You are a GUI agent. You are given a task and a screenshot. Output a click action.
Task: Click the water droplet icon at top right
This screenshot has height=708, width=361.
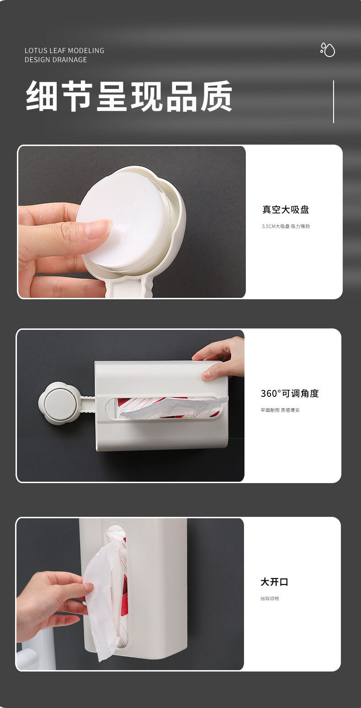(x=328, y=50)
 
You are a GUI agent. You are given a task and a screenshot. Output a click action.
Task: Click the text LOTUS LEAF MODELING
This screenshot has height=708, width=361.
(x=64, y=51)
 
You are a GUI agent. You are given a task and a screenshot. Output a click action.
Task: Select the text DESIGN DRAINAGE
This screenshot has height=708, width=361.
(x=56, y=60)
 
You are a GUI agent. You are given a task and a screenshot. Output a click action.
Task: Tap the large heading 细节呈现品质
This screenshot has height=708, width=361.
(x=129, y=97)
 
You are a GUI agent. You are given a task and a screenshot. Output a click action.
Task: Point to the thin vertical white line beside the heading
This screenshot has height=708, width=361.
(x=334, y=101)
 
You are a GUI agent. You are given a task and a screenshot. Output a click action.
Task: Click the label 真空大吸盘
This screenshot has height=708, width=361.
(x=286, y=210)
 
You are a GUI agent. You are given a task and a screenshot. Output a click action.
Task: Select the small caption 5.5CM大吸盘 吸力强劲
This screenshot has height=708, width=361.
(x=286, y=226)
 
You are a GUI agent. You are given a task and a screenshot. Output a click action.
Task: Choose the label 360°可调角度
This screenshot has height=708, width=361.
(x=290, y=394)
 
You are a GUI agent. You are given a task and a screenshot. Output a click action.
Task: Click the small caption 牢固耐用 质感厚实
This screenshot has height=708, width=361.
(x=280, y=410)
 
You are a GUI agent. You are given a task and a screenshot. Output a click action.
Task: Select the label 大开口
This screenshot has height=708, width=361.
(x=274, y=582)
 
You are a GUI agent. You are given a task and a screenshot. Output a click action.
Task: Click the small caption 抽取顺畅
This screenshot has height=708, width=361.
(x=270, y=599)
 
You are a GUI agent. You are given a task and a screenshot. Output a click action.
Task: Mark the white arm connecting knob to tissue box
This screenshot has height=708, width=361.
(x=88, y=400)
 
